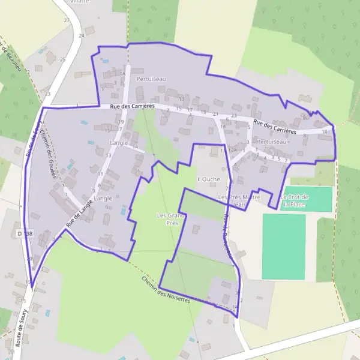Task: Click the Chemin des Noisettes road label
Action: point(166,289)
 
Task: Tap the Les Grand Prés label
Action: point(169,218)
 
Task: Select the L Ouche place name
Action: point(209,179)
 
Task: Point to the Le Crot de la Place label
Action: point(294,200)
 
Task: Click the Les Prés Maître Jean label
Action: point(239,200)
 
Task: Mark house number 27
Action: point(67,20)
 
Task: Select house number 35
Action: point(305,118)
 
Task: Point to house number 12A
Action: point(233,149)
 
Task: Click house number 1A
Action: point(123,74)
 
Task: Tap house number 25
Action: point(62,59)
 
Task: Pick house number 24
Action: point(81,35)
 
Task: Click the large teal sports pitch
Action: point(283,246)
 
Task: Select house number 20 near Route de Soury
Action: point(30,259)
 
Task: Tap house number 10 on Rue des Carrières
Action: point(325,131)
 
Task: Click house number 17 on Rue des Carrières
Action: point(190,110)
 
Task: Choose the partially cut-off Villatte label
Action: point(79,2)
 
